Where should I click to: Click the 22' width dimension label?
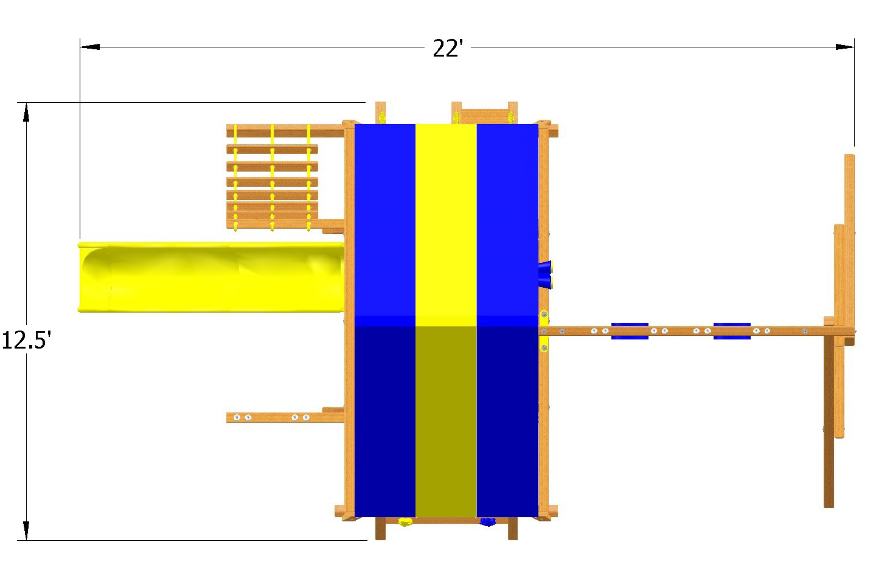tap(448, 48)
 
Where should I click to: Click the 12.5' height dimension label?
tap(26, 340)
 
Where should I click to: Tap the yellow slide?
tap(213, 278)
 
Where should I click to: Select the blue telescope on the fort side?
tap(545, 273)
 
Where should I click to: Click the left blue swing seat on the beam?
tap(630, 331)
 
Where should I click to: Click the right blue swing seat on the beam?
tap(732, 331)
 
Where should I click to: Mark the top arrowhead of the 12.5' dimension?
tap(26, 112)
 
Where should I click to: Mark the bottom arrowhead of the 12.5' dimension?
tap(26, 530)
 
